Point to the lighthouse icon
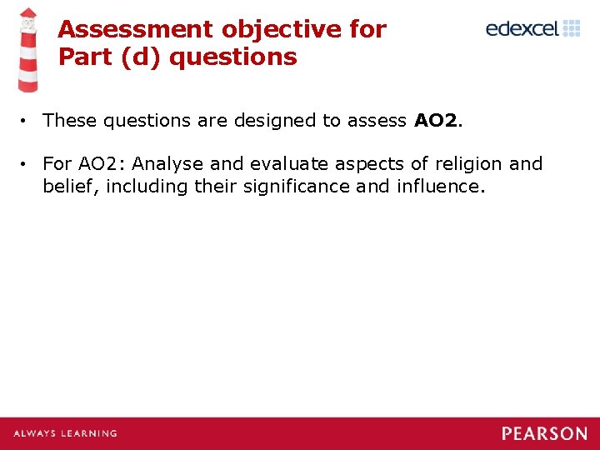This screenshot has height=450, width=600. click(x=28, y=49)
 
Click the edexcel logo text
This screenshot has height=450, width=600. click(x=522, y=29)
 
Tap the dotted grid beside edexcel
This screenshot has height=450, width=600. click(x=572, y=29)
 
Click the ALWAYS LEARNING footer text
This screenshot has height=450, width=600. click(x=65, y=433)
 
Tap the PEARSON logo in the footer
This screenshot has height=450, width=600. click(x=544, y=433)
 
